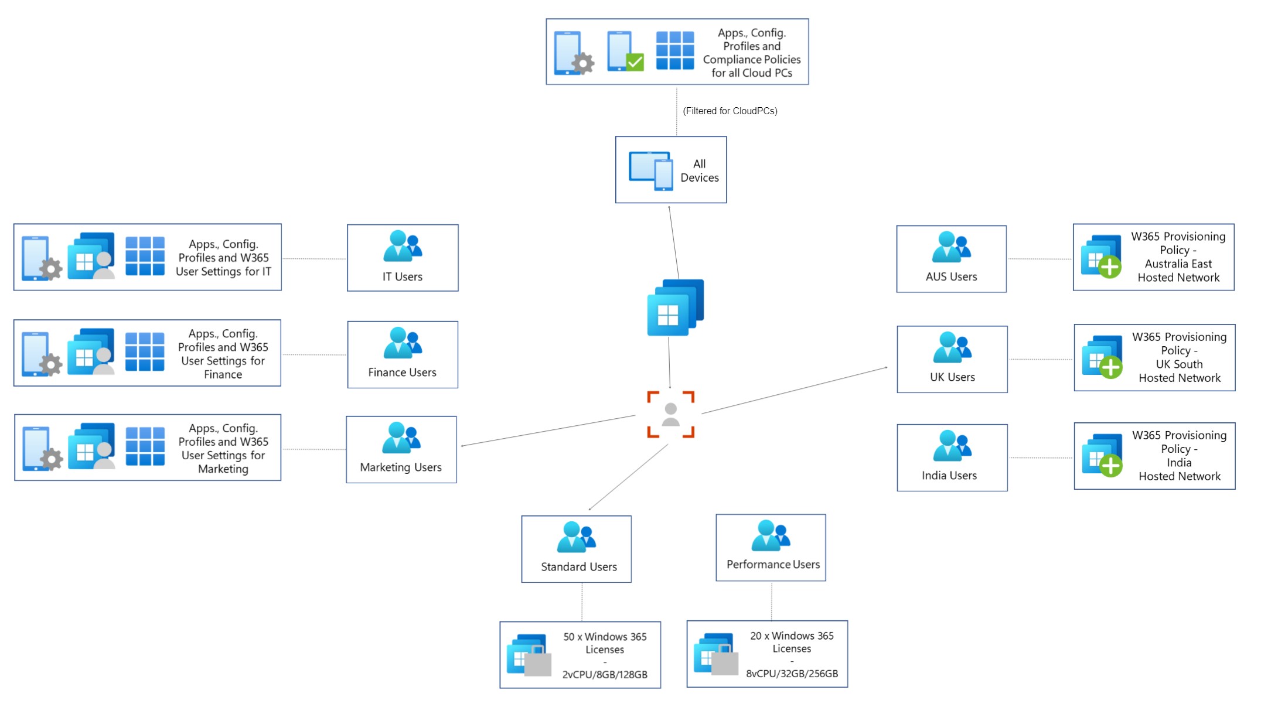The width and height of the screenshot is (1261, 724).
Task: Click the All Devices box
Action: (670, 170)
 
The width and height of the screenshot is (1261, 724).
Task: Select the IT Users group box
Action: (402, 258)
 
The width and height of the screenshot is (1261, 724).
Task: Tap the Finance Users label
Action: (402, 373)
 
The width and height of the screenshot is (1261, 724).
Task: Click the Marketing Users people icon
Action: (401, 438)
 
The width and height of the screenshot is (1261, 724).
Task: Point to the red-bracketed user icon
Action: (670, 414)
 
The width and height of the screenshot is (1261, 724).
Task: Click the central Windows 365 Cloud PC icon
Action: (674, 308)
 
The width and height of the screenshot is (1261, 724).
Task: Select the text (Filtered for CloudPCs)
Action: (730, 111)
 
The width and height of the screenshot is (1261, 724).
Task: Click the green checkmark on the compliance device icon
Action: (635, 62)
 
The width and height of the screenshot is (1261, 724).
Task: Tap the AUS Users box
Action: (951, 259)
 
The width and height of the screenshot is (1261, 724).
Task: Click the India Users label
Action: (949, 476)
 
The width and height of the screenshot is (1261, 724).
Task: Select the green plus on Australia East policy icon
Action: (1109, 267)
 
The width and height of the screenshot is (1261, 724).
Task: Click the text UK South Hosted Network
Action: (1179, 371)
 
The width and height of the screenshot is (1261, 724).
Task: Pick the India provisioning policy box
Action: (1154, 456)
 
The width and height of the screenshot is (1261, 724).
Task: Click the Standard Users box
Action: (576, 549)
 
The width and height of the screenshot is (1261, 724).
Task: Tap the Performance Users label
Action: (773, 565)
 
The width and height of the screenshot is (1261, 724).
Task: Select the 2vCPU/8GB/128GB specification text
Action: (605, 675)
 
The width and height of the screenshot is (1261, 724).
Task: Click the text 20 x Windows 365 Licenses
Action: (792, 642)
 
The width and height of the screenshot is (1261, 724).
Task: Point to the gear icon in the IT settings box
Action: (51, 269)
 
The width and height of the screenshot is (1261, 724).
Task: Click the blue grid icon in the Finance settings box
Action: (145, 351)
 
